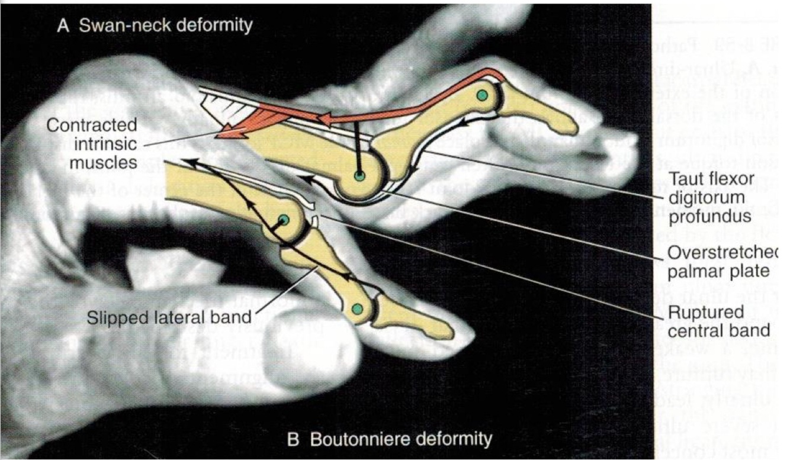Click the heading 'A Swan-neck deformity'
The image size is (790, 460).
155,25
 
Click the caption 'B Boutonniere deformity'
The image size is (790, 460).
389,439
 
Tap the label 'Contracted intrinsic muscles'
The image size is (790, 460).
91,143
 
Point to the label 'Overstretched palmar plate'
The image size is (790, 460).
720,261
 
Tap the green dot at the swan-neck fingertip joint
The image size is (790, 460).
483,95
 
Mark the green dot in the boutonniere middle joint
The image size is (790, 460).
284,220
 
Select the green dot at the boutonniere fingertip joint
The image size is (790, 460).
357,309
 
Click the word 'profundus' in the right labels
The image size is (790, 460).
708,217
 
